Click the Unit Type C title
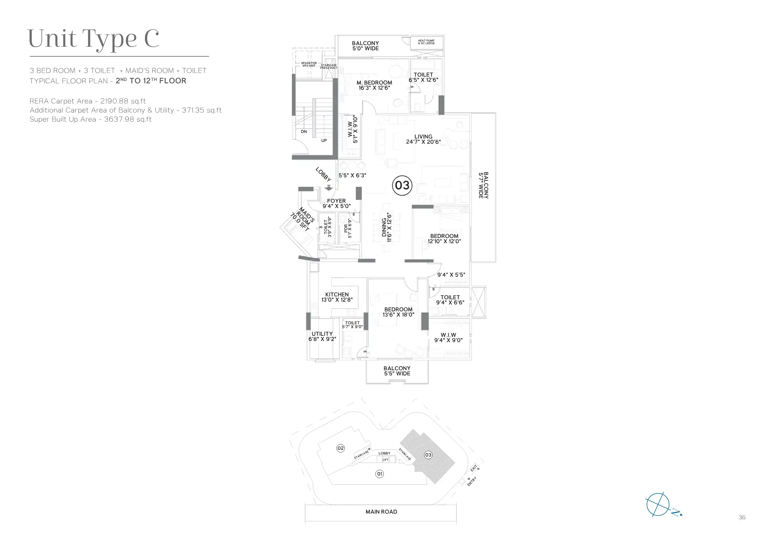tap(93, 39)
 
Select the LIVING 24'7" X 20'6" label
tap(423, 139)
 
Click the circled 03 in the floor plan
tap(402, 185)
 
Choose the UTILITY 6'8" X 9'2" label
tap(322, 336)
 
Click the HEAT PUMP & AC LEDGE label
tap(426, 42)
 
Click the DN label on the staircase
tap(304, 131)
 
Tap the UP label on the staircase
tap(324, 140)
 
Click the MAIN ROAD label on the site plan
tap(381, 512)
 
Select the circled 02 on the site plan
tap(341, 448)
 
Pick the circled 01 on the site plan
tap(380, 474)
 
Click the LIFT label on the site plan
tap(385, 459)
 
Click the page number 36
tap(742, 517)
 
